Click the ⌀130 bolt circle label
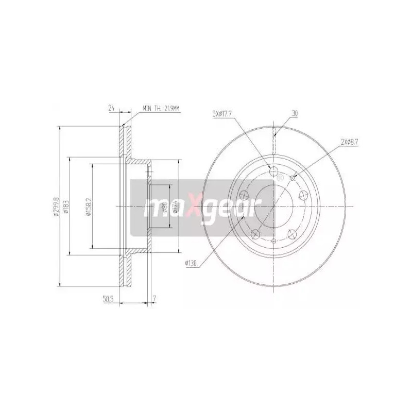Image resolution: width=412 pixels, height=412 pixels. (192, 264)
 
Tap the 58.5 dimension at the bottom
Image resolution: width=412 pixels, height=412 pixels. (108, 298)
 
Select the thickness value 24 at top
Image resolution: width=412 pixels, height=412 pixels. (111, 109)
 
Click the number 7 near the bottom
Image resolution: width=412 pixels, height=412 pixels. (154, 298)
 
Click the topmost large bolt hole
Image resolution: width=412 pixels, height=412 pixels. (274, 171)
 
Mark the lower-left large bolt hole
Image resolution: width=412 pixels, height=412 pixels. (255, 234)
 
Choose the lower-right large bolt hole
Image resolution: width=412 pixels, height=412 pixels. (292, 234)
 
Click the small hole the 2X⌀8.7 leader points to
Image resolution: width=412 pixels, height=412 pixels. (293, 178)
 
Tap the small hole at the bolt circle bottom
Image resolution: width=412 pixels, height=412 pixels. (273, 241)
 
